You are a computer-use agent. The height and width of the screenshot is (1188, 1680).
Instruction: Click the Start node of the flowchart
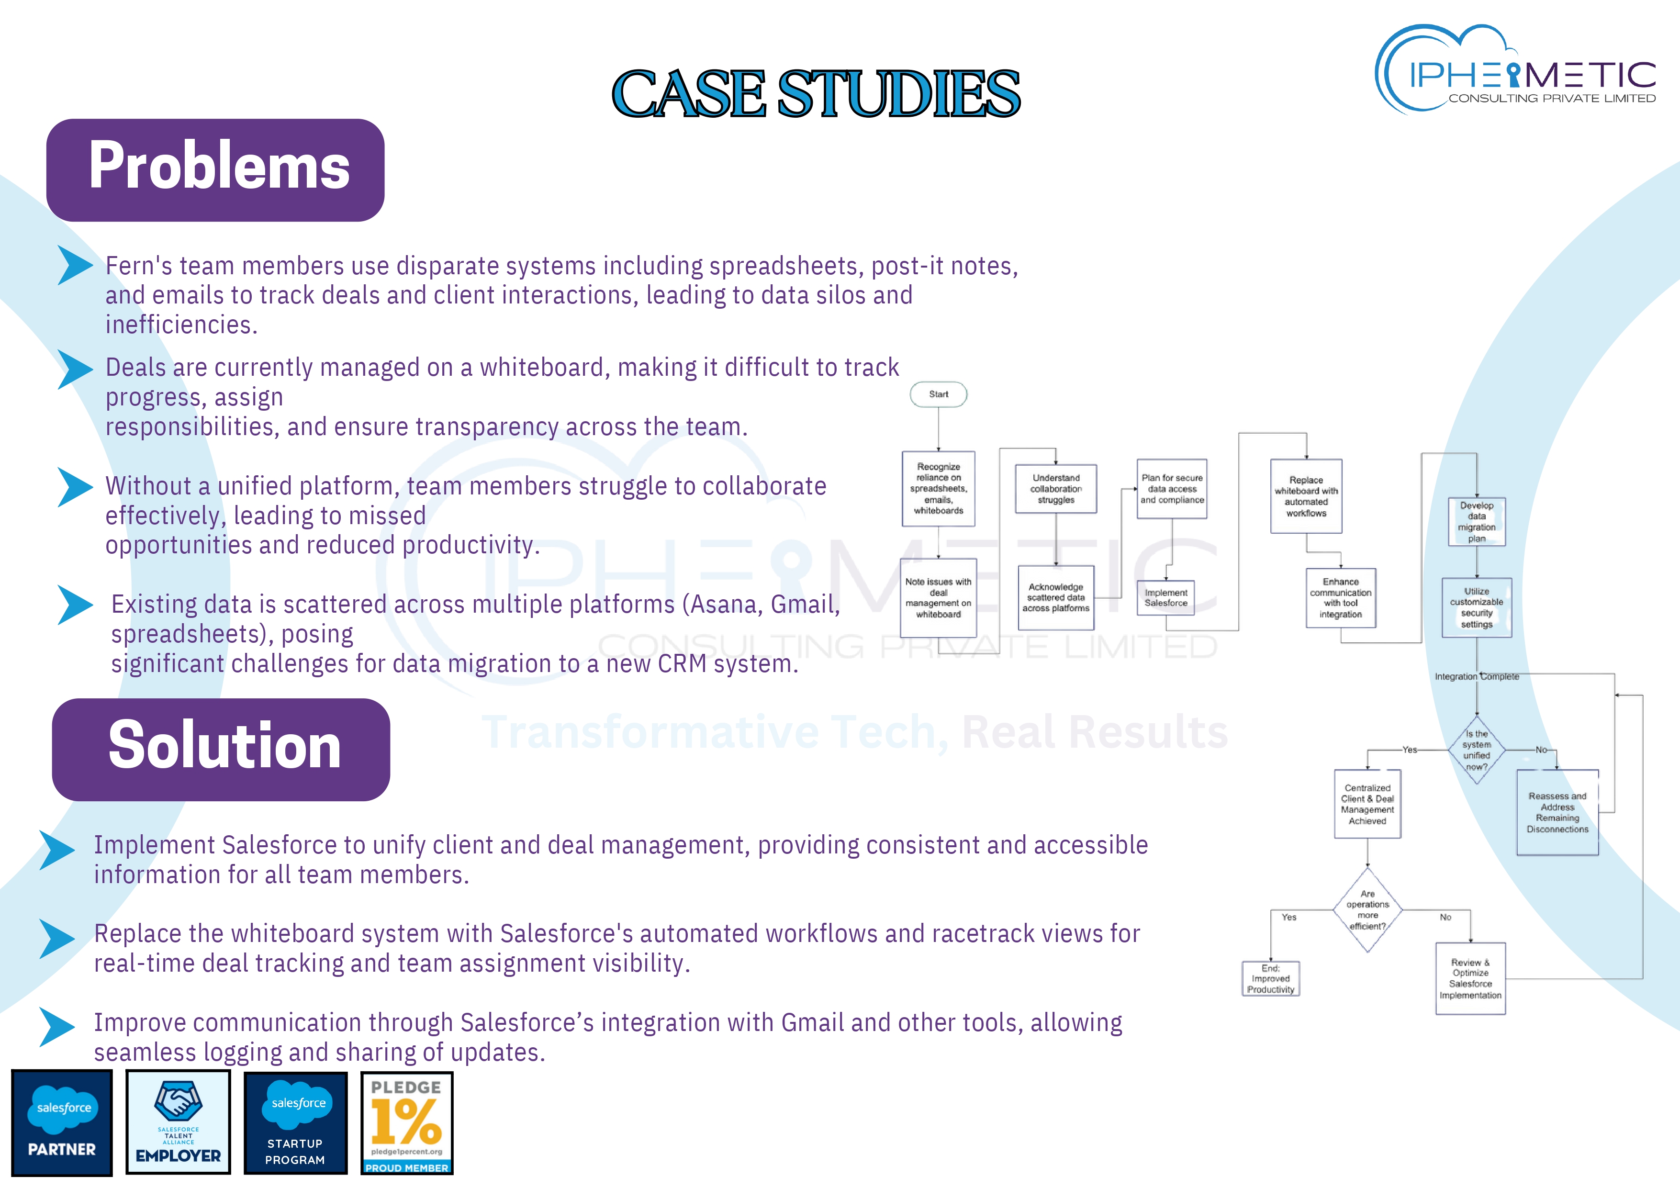938,394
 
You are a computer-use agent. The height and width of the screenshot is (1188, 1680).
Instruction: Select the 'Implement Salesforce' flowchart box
1165,598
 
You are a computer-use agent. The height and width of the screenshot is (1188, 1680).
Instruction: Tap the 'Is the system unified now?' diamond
1477,751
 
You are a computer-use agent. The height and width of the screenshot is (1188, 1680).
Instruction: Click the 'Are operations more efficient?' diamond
1367,910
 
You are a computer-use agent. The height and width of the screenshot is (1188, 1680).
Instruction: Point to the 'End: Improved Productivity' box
1270,979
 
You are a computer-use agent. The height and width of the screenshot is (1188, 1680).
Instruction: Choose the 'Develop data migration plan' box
1477,522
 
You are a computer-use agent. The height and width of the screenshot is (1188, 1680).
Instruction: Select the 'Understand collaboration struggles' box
1056,489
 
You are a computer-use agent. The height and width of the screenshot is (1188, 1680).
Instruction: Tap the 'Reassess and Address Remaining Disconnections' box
1557,813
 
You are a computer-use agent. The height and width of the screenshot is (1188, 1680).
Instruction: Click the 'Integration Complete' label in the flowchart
1477,677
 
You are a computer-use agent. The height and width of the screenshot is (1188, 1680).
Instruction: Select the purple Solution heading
221,749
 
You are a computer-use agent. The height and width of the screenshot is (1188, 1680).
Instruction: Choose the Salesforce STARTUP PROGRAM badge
296,1122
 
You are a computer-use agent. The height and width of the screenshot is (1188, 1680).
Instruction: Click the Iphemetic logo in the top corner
1515,71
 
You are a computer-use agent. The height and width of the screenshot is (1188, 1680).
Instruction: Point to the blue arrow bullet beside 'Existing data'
75,605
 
